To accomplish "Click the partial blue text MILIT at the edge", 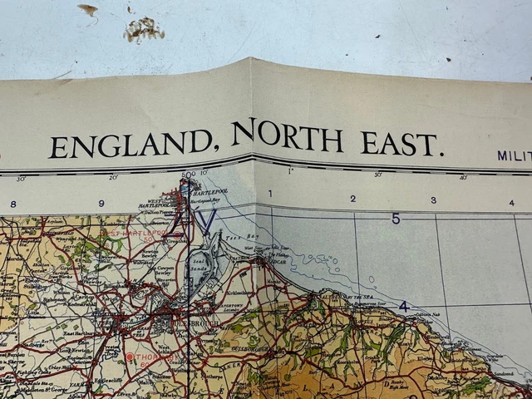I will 515,155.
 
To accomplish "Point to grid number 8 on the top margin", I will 12,204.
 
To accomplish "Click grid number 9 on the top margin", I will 101,203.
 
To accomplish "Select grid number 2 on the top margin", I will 352,199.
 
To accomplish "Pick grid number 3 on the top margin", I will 433,200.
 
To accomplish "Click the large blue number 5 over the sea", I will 396,219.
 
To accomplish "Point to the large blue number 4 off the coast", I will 403,306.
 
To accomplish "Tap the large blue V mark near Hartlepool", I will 208,220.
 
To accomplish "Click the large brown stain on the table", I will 143,29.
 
